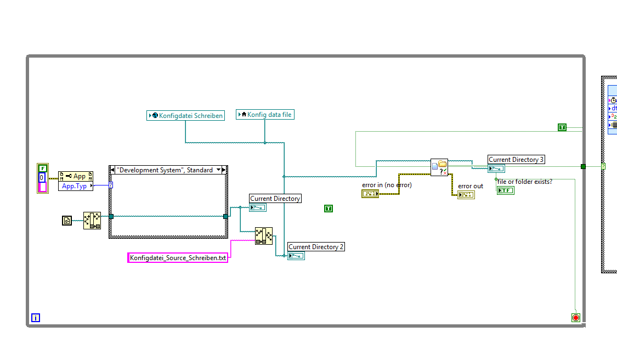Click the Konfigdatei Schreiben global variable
[x=186, y=115]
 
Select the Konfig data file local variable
[x=265, y=115]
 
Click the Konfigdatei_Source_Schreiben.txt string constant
[x=178, y=258]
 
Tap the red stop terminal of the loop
[x=575, y=317]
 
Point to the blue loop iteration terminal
[x=36, y=317]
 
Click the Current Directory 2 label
[x=316, y=247]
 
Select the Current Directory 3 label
[x=516, y=160]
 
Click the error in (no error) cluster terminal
[x=370, y=194]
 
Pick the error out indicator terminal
[x=466, y=195]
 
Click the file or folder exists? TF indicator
[x=505, y=190]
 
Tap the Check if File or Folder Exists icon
[x=439, y=167]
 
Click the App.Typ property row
[x=75, y=186]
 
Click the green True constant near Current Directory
[x=329, y=209]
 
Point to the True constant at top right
[x=562, y=127]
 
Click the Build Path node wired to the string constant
[x=263, y=235]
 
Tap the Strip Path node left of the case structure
[x=92, y=221]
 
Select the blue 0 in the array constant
[x=42, y=177]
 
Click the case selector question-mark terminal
[x=111, y=185]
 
